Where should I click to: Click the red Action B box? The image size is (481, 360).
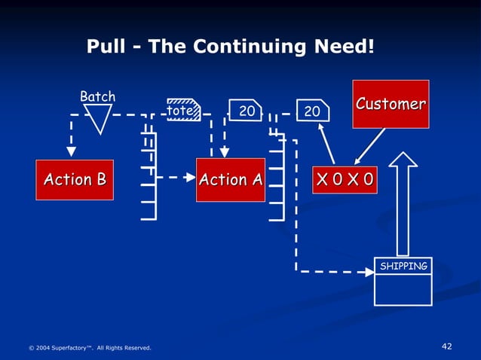click(x=75, y=180)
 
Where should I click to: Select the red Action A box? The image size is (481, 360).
click(x=231, y=180)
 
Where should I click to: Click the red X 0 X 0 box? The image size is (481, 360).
click(x=348, y=181)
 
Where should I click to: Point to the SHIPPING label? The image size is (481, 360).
click(x=403, y=266)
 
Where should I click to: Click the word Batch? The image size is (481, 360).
click(x=98, y=96)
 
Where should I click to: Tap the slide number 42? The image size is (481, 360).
click(x=446, y=346)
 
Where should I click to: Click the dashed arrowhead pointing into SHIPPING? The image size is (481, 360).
click(x=369, y=271)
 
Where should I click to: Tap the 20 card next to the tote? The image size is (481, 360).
click(x=245, y=111)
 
